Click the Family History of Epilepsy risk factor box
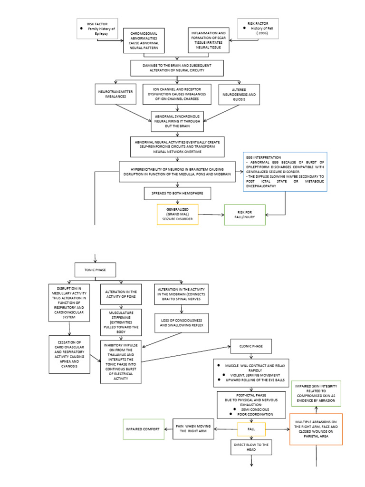coord(97,29)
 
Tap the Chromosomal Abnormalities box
coord(144,40)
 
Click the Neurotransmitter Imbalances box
coord(115,94)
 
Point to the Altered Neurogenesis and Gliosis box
coord(240,94)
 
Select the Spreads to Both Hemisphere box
coord(178,194)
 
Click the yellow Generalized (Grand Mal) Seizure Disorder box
coord(177,214)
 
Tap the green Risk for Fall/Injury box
coord(245,214)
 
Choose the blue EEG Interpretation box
coord(285,172)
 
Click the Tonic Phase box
coord(97,270)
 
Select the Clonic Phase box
coord(251,346)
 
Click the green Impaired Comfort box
coord(144,429)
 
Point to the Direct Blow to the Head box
coord(251,448)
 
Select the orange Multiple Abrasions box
coord(316,429)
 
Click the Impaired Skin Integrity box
coord(316,393)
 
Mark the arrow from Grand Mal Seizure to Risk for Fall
coord(211,214)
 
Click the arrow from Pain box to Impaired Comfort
coord(169,429)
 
